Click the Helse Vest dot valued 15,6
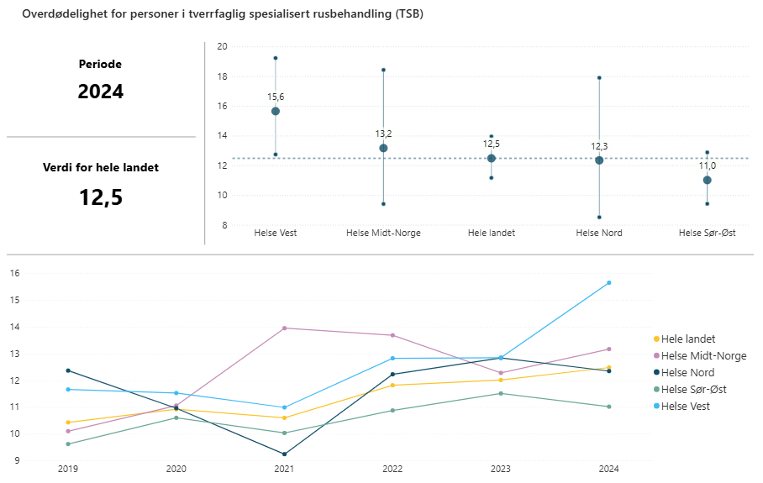click(x=276, y=111)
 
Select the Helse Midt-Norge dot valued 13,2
click(x=383, y=148)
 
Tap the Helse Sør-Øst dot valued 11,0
click(x=708, y=180)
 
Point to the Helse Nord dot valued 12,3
click(x=599, y=160)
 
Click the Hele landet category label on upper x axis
click(x=492, y=233)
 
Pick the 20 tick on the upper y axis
click(x=222, y=47)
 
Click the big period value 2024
click(x=101, y=92)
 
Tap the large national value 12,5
click(x=101, y=197)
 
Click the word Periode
click(x=101, y=64)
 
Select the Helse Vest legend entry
click(x=685, y=407)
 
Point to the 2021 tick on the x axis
click(x=284, y=468)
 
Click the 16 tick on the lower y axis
click(x=13, y=273)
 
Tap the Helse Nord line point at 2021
click(x=284, y=454)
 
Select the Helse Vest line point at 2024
click(x=609, y=283)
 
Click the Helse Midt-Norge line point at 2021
click(x=284, y=328)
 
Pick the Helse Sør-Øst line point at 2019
click(x=68, y=444)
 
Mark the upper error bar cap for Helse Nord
click(x=599, y=77)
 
